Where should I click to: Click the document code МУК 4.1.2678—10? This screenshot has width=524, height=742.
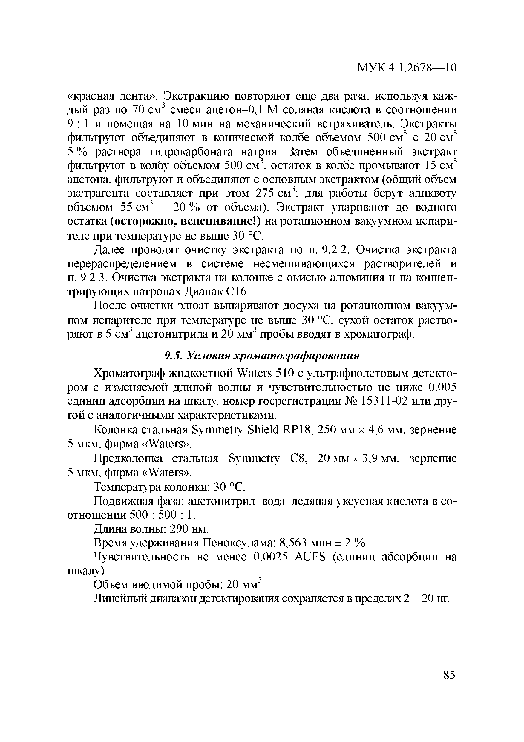click(407, 68)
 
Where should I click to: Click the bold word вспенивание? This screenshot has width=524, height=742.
click(221, 221)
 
